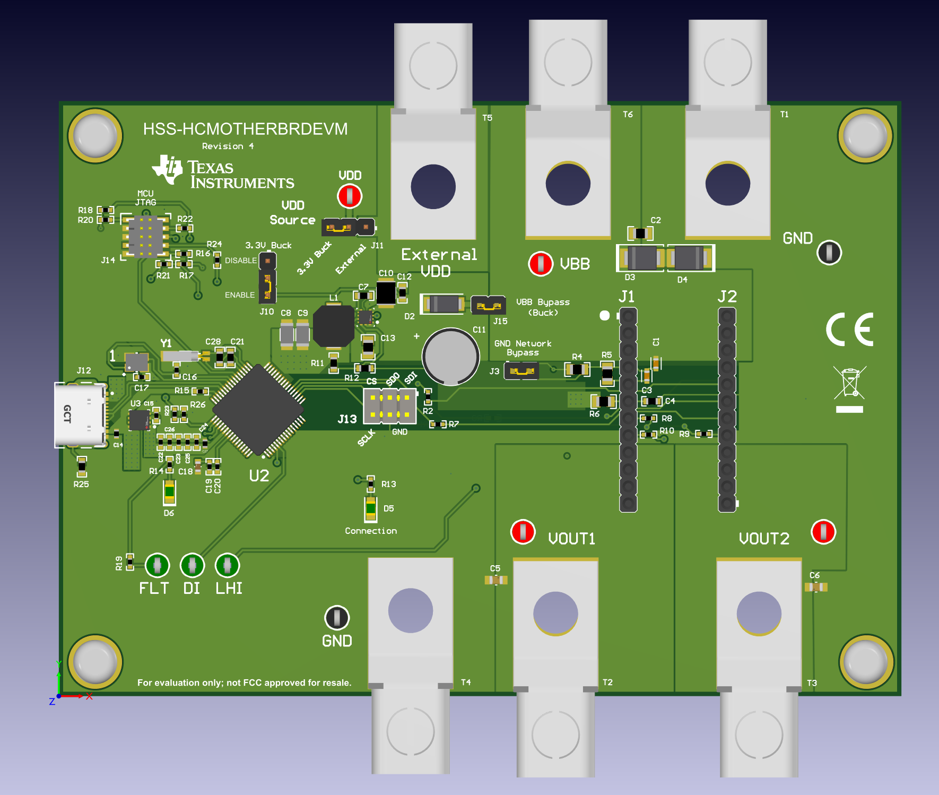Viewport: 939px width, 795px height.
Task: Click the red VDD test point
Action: tap(350, 196)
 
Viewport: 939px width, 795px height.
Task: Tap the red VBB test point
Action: tap(541, 263)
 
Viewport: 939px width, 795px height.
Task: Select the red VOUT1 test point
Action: tap(523, 532)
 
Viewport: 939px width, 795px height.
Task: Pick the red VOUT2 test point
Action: tap(823, 531)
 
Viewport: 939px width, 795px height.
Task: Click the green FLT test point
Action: tap(157, 565)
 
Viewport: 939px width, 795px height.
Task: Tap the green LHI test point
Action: tap(227, 565)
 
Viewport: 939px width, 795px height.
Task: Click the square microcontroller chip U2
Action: tap(258, 410)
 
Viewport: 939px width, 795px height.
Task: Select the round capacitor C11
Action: tap(450, 356)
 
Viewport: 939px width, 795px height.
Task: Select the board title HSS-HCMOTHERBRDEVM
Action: tap(245, 129)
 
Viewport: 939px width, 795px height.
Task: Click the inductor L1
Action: tap(333, 326)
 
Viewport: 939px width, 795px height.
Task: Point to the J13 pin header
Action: tap(389, 406)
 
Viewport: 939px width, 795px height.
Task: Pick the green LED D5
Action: tap(371, 509)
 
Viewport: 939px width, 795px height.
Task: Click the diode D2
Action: tap(442, 304)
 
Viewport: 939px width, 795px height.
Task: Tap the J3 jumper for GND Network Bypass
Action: tap(521, 370)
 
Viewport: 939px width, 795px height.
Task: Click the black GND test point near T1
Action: tap(829, 252)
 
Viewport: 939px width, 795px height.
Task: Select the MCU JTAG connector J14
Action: tap(145, 236)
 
